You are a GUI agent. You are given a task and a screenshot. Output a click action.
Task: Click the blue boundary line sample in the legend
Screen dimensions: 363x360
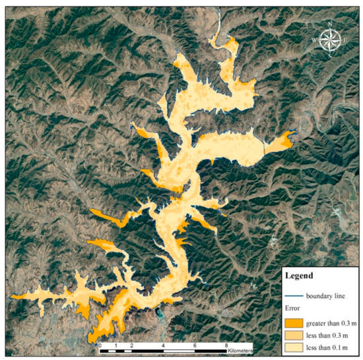(294, 296)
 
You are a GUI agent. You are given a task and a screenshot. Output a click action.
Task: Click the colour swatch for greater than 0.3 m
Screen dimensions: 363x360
(294, 323)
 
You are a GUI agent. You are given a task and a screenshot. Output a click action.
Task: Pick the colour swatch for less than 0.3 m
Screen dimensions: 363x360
(294, 335)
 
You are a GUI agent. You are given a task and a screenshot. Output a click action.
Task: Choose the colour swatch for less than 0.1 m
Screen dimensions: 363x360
(294, 347)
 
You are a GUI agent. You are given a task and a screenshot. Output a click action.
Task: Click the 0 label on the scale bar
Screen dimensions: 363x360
(100, 345)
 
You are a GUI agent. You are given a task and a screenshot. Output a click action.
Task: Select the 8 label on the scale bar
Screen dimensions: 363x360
(227, 345)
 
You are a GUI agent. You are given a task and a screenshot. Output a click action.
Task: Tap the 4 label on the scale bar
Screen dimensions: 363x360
(163, 345)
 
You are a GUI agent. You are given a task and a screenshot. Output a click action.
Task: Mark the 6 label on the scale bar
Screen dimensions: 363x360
(195, 345)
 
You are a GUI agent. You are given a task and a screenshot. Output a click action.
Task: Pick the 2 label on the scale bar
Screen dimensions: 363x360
(132, 345)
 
